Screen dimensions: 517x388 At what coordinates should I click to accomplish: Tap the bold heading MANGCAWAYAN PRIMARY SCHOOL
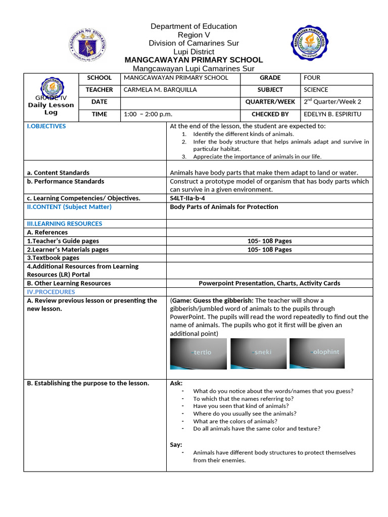193,60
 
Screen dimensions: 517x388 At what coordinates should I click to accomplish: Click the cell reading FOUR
312,78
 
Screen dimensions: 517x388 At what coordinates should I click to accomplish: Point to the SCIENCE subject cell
316,90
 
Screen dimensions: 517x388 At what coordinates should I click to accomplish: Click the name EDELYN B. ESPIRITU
332,115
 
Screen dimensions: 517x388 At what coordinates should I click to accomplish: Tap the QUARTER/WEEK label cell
270,102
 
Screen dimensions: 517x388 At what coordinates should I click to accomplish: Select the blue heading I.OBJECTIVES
46,126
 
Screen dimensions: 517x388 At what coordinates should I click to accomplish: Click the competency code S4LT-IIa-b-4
187,198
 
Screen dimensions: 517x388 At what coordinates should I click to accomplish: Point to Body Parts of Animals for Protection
224,207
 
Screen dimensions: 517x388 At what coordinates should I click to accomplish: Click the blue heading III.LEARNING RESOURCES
64,224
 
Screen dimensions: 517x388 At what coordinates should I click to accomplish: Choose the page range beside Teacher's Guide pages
269,241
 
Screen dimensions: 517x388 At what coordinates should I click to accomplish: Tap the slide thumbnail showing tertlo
198,353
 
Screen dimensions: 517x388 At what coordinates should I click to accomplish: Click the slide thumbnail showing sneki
258,353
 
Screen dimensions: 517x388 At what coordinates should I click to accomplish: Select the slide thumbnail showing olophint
317,353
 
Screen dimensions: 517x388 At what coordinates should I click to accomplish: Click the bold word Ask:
176,383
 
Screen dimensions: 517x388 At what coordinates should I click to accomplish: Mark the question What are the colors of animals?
235,421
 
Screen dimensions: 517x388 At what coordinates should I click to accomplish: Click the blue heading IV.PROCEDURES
51,292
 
